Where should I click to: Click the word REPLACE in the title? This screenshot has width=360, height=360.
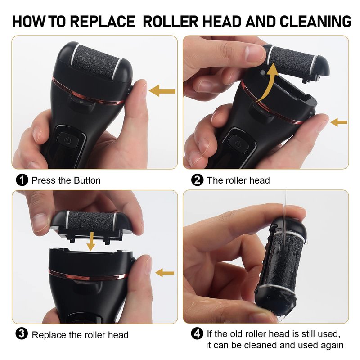pos(103,21)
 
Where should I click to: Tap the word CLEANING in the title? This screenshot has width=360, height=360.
pos(315,21)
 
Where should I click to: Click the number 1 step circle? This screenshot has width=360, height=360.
pos(22,180)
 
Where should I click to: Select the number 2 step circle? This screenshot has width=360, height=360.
pos(197,180)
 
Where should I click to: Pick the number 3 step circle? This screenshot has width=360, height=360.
pos(22,333)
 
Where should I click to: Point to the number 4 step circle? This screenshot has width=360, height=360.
pos(197,333)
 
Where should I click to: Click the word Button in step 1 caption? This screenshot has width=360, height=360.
pos(87,180)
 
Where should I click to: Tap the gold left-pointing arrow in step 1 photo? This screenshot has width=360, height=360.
pos(162,91)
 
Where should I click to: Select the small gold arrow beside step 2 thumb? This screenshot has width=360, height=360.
pos(339,122)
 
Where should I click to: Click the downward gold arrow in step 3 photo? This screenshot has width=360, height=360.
pos(91,242)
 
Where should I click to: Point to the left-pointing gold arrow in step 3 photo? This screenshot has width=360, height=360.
pos(165,273)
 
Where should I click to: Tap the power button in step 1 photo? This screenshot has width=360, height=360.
pos(68,140)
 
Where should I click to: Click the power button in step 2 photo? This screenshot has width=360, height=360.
pos(238,144)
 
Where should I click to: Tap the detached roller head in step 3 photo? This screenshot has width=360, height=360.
pos(92,226)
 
